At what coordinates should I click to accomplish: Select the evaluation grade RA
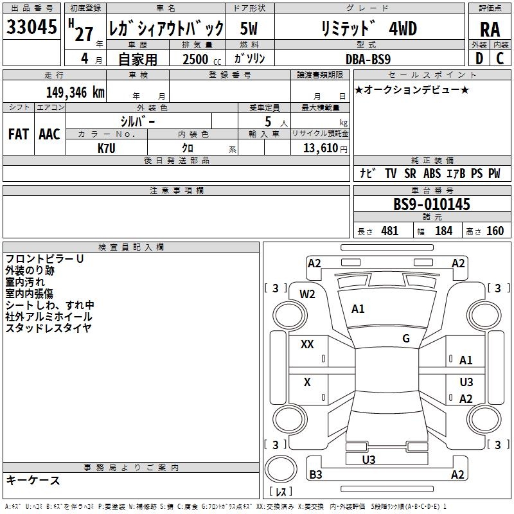490,30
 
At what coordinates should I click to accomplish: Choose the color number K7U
107,148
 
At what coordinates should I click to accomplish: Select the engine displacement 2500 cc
199,59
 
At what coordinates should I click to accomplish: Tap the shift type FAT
18,134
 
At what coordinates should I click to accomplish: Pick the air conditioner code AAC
49,134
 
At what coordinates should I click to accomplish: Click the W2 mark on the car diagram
308,294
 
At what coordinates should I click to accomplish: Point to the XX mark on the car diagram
307,344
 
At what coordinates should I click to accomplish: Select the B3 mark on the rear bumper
315,475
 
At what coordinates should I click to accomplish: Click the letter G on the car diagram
406,339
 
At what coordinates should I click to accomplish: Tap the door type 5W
249,29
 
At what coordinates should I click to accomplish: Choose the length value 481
389,231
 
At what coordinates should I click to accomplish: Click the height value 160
495,231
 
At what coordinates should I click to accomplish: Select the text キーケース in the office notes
33,481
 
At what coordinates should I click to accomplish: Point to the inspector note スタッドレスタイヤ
49,328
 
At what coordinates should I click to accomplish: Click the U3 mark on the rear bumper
369,459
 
